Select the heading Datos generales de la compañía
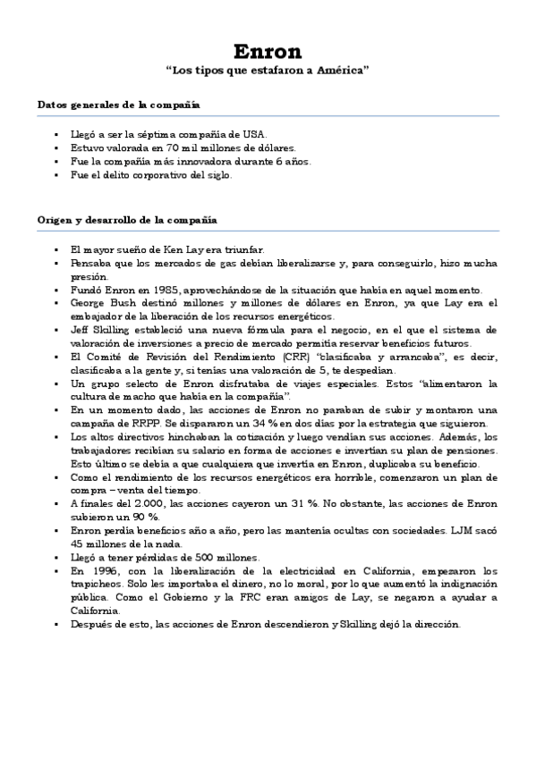[x=118, y=105]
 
